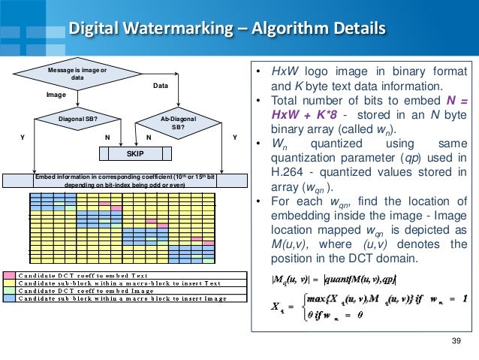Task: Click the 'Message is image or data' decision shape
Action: (x=77, y=74)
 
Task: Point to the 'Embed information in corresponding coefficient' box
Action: (x=125, y=180)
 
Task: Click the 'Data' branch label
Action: (x=161, y=86)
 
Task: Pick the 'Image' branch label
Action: (x=57, y=95)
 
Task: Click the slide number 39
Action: (x=453, y=343)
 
